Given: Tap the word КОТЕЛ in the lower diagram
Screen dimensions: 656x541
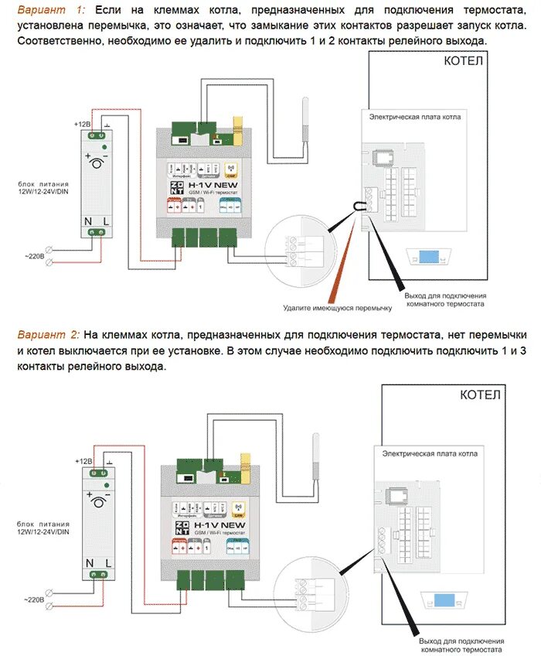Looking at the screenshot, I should tap(480, 395).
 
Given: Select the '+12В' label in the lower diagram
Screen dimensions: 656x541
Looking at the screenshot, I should tap(83, 461).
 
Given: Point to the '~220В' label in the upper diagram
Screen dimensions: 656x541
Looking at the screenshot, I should tap(33, 255).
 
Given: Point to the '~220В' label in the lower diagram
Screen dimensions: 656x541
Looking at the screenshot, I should tap(33, 600).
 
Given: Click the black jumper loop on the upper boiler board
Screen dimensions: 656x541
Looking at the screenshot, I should tap(356, 206).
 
